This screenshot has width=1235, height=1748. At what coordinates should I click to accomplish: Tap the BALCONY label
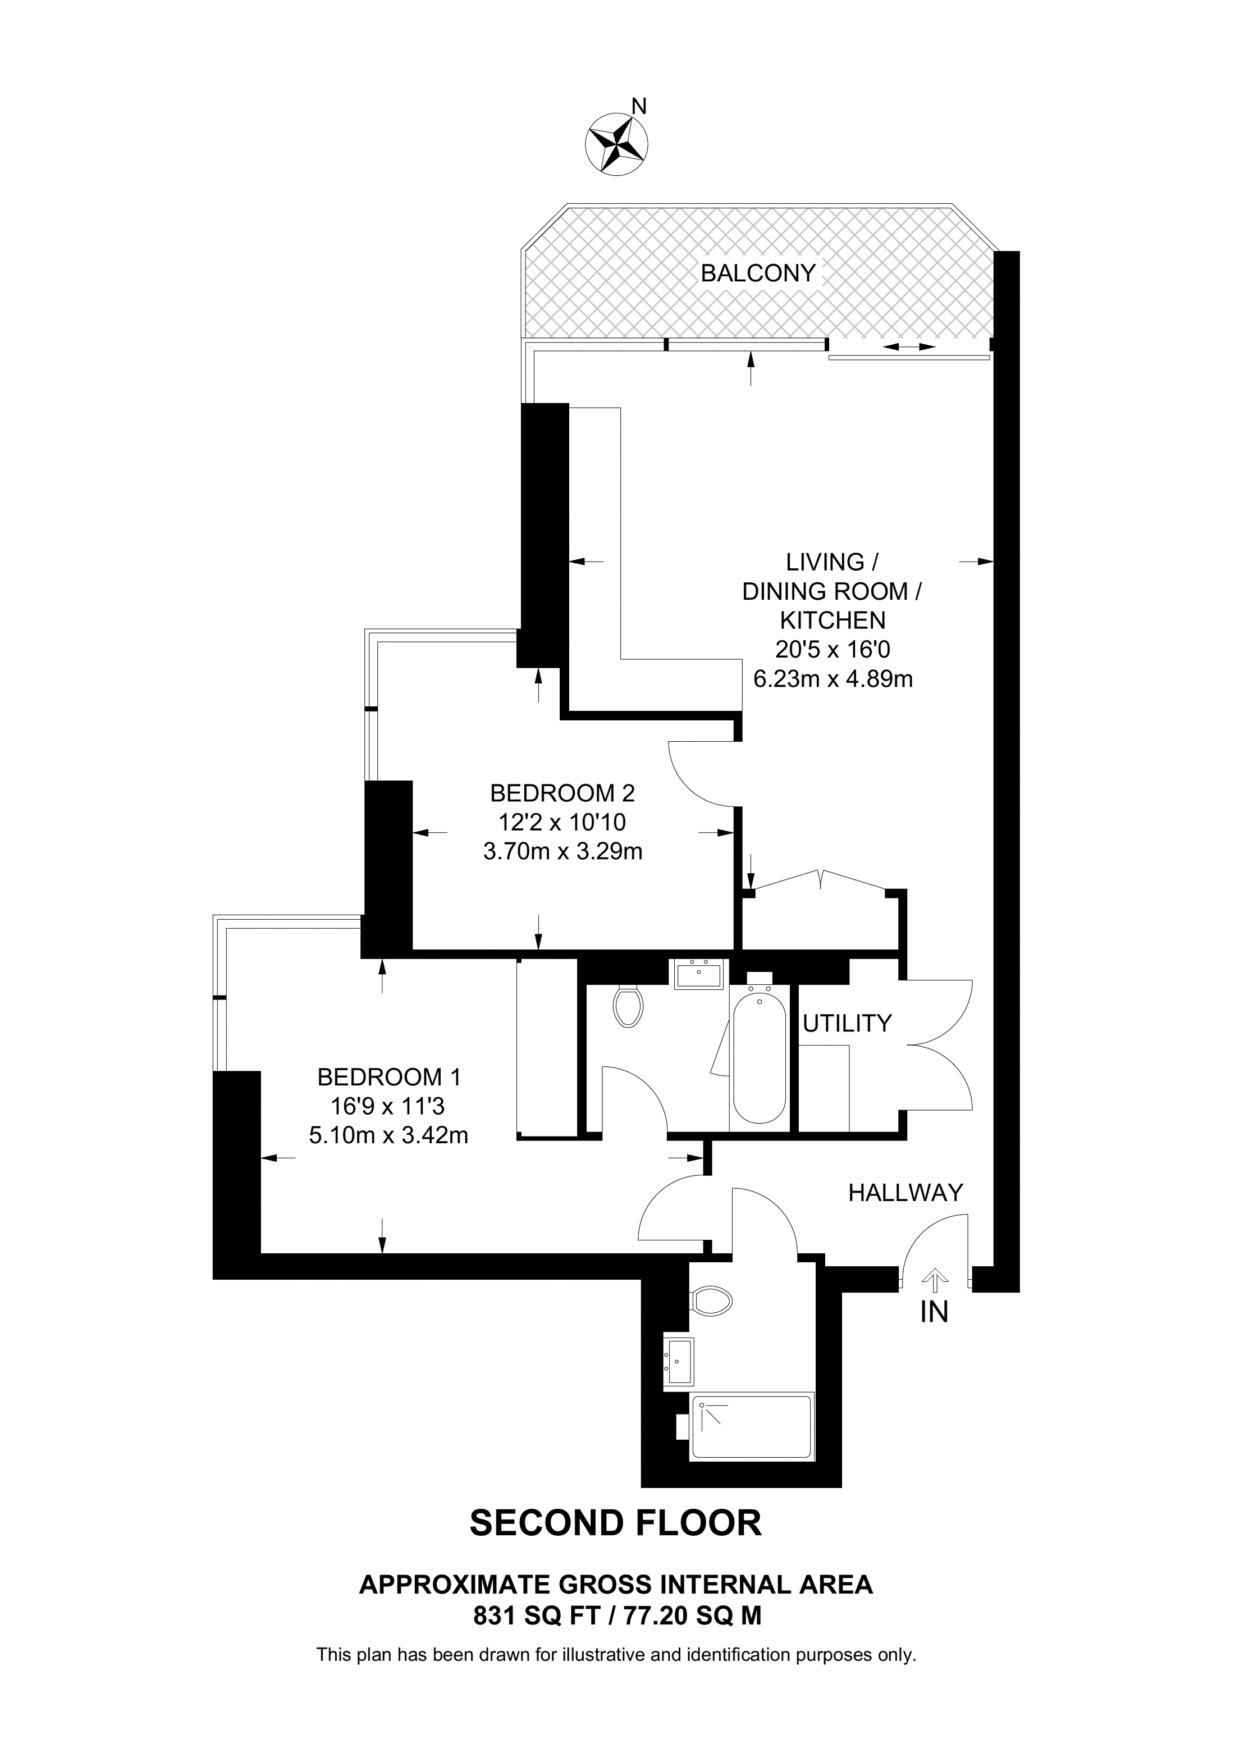pos(758,273)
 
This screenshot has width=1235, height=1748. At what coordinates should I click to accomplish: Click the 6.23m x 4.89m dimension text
pos(833,678)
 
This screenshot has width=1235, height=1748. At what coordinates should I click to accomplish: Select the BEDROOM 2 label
pos(562,793)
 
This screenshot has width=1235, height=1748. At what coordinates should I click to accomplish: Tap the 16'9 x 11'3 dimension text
pos(389,1106)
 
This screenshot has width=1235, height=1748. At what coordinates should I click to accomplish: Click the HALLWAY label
pos(905,1192)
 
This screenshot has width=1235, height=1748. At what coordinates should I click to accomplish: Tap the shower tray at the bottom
pos(751,1427)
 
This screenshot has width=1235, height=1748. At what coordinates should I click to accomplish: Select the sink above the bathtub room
pos(698,974)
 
